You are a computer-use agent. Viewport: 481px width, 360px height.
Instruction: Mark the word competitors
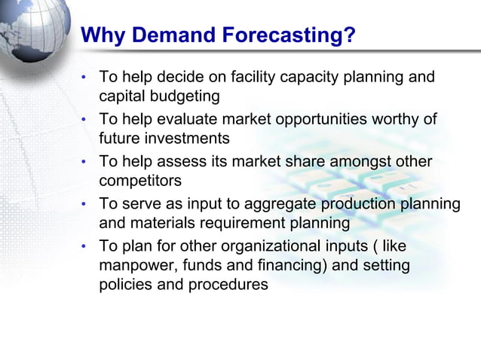click(x=139, y=181)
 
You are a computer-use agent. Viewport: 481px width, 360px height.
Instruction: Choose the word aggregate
click(x=278, y=204)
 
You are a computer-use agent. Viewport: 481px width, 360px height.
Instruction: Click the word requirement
click(x=250, y=223)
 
